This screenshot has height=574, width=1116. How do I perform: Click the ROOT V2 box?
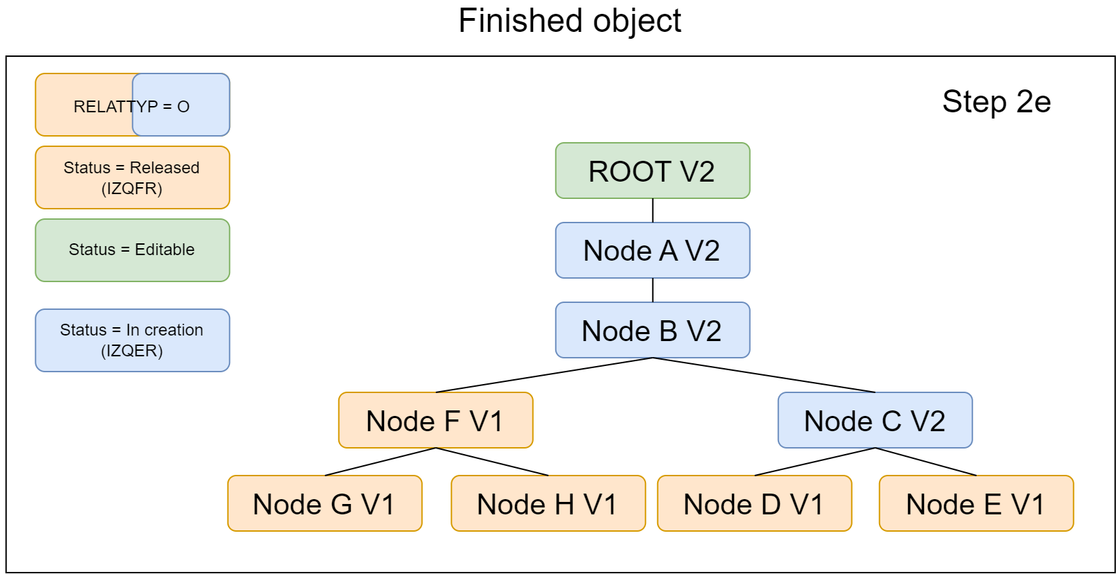click(652, 171)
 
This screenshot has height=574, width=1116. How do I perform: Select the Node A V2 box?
click(652, 250)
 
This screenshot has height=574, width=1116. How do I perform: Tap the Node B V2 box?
click(652, 330)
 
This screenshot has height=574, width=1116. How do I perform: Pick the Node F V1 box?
click(435, 420)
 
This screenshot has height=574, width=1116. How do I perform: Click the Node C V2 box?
click(875, 420)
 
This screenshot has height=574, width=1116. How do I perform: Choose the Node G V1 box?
click(324, 503)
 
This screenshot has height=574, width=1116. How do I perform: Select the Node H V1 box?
click(548, 503)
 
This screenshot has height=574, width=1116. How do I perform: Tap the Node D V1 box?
click(754, 503)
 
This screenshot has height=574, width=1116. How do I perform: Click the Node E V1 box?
click(976, 503)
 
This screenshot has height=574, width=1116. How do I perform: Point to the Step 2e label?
click(996, 102)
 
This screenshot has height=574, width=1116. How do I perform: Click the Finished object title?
click(569, 21)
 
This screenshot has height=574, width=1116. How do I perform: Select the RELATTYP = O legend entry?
click(132, 105)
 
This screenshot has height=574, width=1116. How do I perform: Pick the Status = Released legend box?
click(132, 177)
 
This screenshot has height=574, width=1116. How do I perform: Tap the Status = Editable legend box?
click(132, 250)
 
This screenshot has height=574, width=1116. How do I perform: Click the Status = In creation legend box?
click(132, 340)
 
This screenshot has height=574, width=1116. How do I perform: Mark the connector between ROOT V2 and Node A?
click(652, 210)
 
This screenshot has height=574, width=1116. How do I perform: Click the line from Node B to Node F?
click(544, 375)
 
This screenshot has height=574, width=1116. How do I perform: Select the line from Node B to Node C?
click(764, 375)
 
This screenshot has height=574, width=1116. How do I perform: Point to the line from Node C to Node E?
click(925, 462)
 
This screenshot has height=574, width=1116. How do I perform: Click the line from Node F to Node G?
click(380, 462)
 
